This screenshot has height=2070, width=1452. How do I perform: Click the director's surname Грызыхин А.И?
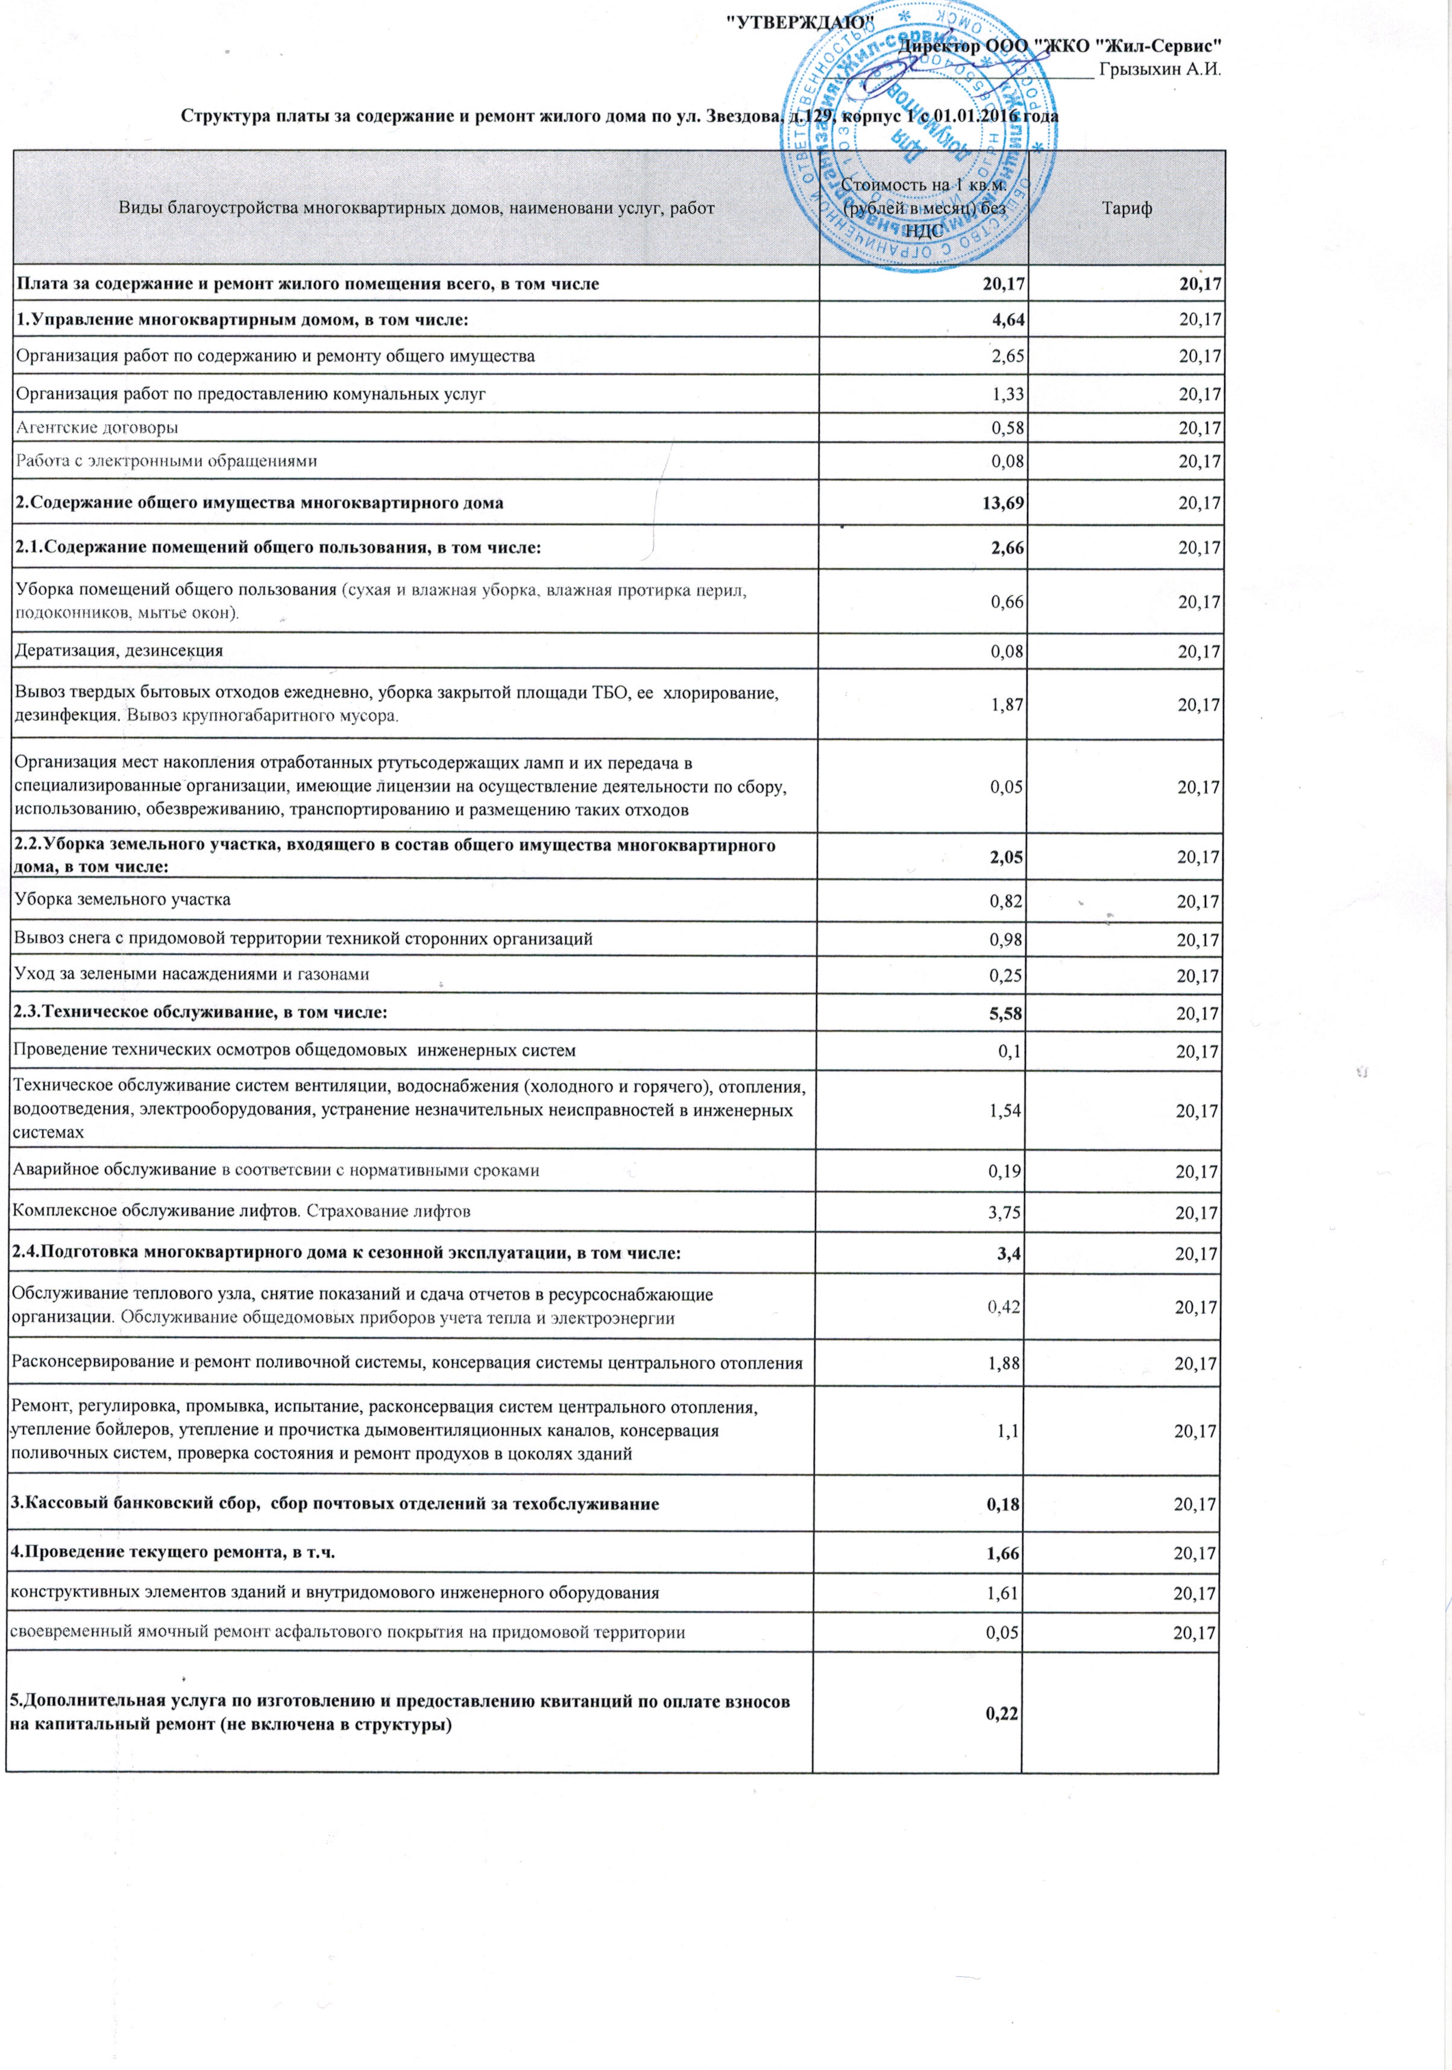pos(1160,70)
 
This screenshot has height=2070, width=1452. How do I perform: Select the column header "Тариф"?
pos(1127,208)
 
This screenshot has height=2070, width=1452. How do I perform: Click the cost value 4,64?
pos(1007,319)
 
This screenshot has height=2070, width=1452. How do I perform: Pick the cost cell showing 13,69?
pos(1003,502)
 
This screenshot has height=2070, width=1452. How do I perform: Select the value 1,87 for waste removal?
pos(1007,704)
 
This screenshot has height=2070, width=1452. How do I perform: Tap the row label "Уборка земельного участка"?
pos(122,899)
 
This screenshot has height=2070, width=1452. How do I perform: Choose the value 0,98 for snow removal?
pos(1007,939)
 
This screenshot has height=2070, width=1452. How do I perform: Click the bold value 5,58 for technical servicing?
pos(1005,1013)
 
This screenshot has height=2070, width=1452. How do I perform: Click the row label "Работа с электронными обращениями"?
pos(166,461)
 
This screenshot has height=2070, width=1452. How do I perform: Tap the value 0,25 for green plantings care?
pos(1007,975)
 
